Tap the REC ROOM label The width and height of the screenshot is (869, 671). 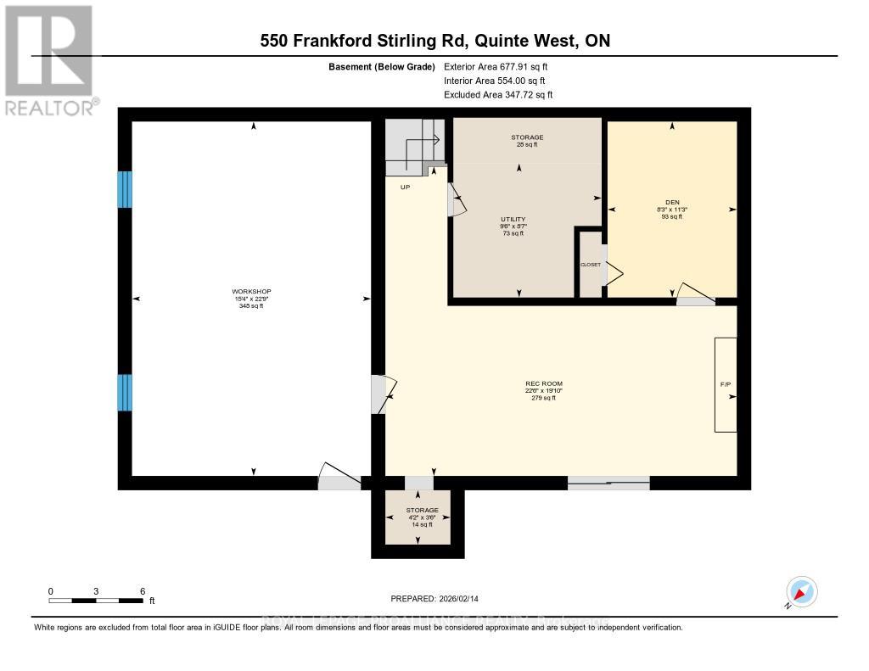(x=543, y=390)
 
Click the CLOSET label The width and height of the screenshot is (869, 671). (x=590, y=265)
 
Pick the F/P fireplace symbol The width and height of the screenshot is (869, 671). (x=726, y=384)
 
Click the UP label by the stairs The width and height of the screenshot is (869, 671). (x=406, y=187)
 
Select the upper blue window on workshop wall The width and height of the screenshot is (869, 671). (x=125, y=189)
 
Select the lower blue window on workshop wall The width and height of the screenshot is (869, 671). (x=125, y=392)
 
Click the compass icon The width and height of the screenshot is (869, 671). (x=801, y=591)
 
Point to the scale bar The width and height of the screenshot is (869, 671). (x=96, y=601)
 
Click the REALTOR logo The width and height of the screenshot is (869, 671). (x=49, y=59)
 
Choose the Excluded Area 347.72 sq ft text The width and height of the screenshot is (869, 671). (x=498, y=94)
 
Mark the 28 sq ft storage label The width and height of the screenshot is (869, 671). (x=527, y=141)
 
